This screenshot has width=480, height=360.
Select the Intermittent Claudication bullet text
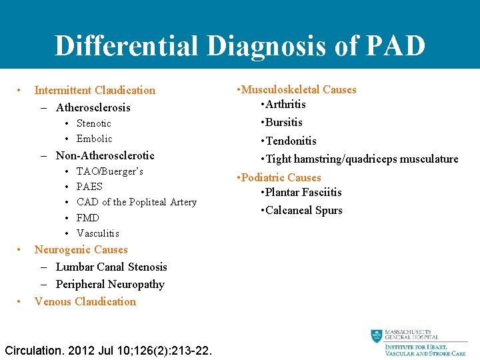[95, 90]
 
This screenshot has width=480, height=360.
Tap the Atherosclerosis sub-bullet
[93, 107]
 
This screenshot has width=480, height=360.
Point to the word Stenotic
[94, 123]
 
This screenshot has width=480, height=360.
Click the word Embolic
[95, 139]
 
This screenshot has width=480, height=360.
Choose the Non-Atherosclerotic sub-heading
[105, 155]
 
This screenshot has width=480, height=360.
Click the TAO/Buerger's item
[110, 171]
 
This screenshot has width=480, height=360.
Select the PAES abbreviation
[90, 187]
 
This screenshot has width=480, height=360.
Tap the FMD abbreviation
[88, 218]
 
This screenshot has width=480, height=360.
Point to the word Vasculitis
[98, 233]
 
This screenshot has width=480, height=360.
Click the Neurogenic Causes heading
[81, 249]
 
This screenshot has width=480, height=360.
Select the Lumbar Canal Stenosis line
[111, 267]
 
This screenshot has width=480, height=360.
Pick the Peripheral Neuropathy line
[110, 284]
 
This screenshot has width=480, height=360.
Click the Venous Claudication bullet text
[85, 301]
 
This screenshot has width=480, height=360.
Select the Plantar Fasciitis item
[303, 192]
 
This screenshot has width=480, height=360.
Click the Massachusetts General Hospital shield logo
[377, 336]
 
